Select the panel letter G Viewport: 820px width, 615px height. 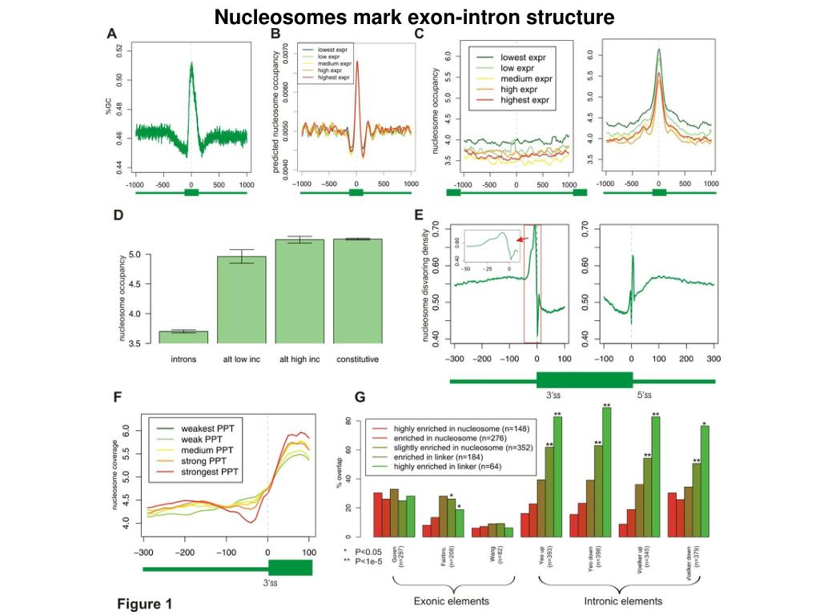[x=360, y=397]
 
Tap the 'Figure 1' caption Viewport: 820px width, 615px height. [x=145, y=603]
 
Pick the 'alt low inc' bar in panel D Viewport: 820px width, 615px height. [x=242, y=299]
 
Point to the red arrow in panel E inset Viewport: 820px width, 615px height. [x=521, y=238]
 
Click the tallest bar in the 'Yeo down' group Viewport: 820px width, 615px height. [x=607, y=472]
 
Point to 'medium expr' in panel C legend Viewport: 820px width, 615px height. [x=525, y=79]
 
